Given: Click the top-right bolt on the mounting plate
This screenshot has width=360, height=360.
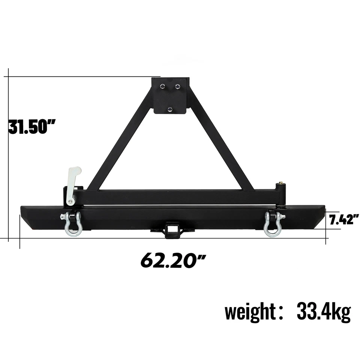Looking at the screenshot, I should [177, 87].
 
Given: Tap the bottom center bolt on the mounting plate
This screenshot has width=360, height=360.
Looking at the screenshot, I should [170, 109].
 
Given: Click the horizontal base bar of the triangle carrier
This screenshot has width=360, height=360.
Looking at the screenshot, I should [180, 196].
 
